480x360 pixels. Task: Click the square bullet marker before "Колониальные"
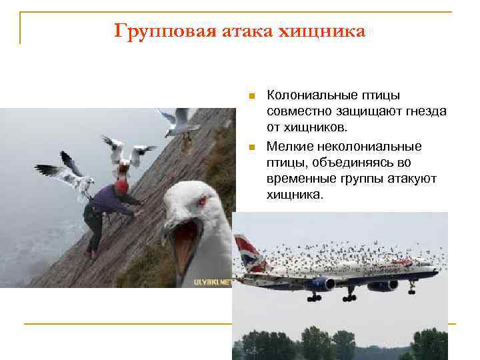tap(251, 97)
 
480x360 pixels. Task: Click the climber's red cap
tap(121, 186)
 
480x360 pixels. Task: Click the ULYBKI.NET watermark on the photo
tap(212, 282)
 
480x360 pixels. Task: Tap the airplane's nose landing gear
tap(411, 289)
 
